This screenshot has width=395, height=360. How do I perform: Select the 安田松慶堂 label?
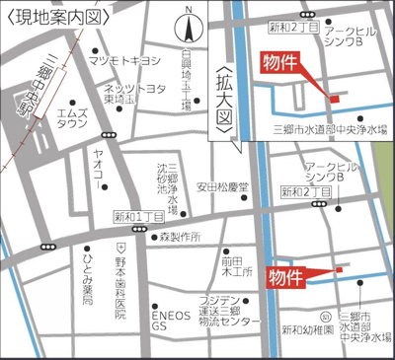tap(223, 186)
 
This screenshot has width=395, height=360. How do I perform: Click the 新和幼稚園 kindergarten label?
tap(304, 329)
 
